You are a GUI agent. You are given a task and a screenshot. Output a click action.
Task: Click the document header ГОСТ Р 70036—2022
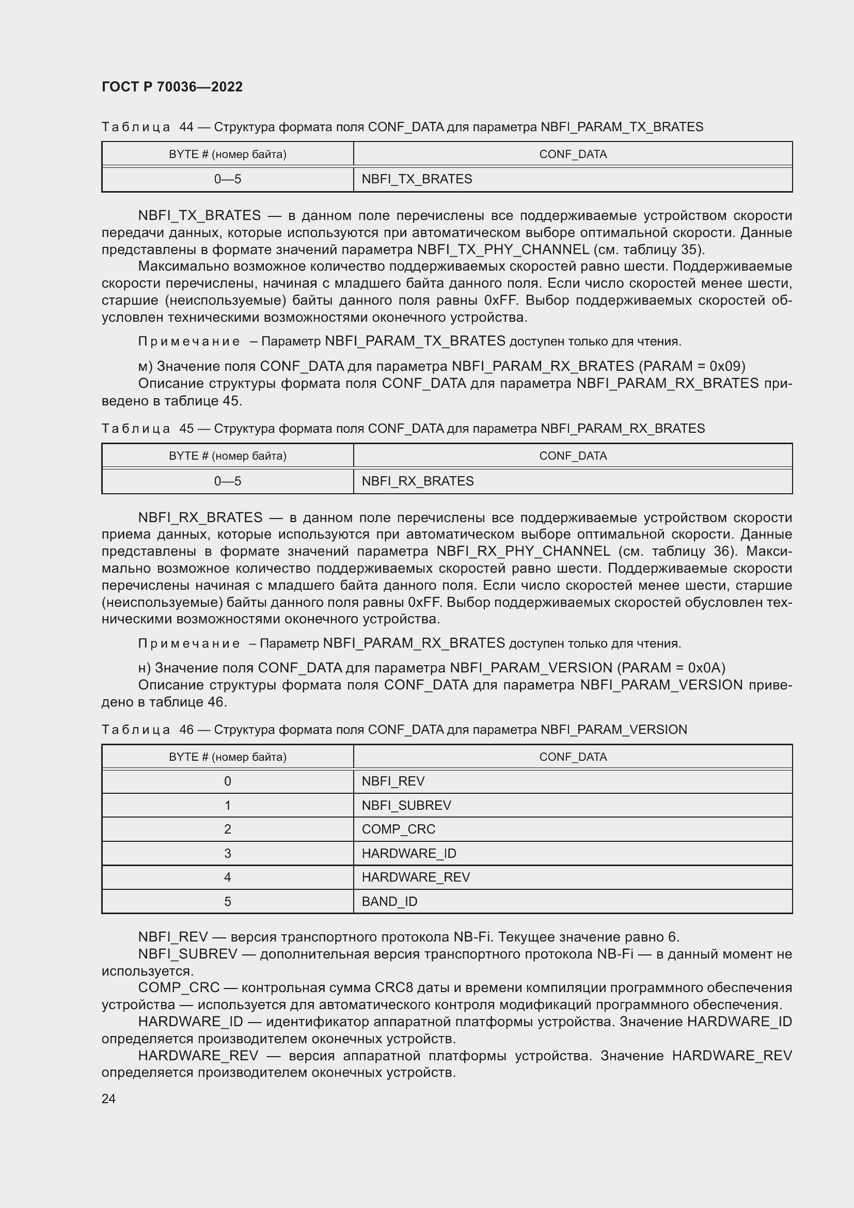pyautogui.click(x=172, y=87)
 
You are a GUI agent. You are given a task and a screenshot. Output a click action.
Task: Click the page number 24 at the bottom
pyautogui.click(x=108, y=1099)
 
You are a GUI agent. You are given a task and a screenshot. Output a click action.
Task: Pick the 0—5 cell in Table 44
pyautogui.click(x=227, y=179)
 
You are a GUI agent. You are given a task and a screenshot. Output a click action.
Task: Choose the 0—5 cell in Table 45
pyautogui.click(x=227, y=481)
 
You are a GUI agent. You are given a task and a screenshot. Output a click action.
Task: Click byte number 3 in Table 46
pyautogui.click(x=227, y=853)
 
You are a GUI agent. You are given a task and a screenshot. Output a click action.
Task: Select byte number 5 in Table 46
pyautogui.click(x=227, y=902)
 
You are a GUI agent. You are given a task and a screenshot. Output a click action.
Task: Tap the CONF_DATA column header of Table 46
pyautogui.click(x=573, y=757)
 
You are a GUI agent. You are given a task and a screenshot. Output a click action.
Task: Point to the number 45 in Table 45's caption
pyautogui.click(x=186, y=429)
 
